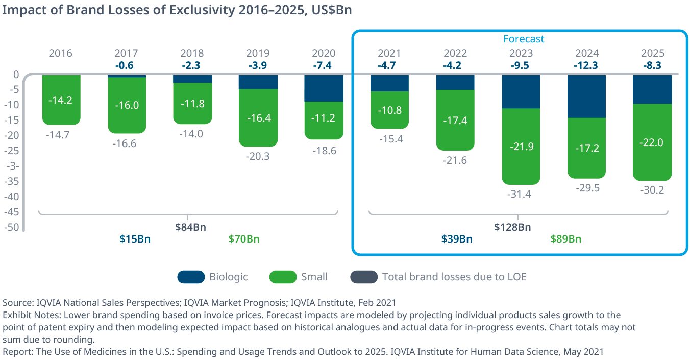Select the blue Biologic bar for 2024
coord(586,97)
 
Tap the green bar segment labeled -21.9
coord(521,147)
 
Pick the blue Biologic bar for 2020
coord(324,88)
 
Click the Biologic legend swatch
coord(191,277)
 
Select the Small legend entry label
coord(314,277)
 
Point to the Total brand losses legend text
coord(454,277)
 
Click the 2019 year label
coord(258,53)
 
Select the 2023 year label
coord(521,53)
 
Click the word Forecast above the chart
coord(524,39)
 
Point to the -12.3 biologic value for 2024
coord(586,65)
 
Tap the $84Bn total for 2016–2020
coord(191,227)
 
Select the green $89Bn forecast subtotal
coord(566,239)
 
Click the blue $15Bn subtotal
coord(135,239)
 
